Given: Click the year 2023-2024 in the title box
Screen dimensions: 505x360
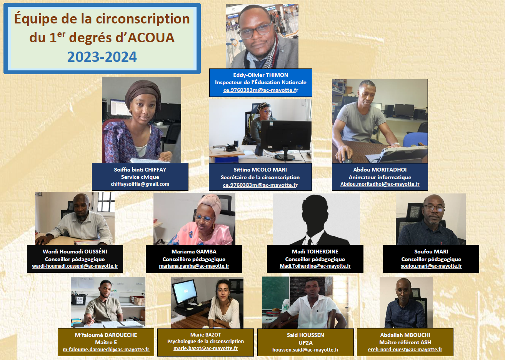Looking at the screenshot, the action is pos(102,57).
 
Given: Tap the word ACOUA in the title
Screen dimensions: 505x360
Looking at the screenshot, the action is pos(151,37).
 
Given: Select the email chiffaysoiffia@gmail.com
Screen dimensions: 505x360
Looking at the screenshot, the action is pos(140,184).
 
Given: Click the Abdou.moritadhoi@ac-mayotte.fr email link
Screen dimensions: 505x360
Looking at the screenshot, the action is pos(380,184).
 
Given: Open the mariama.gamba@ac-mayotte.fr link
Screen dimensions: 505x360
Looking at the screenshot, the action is pos(194,266).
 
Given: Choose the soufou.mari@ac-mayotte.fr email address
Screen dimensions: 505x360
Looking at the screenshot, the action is pos(431,266).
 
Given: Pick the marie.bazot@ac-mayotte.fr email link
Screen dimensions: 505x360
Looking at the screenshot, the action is pos(206,348).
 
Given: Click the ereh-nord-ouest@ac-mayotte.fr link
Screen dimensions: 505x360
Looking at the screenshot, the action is pos(405,349).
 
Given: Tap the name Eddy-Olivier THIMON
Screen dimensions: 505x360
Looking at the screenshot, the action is pos(261,75).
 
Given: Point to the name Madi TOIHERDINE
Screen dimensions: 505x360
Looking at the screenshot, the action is pos(315,252).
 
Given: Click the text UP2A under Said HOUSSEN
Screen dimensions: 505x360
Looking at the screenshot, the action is pos(305,343).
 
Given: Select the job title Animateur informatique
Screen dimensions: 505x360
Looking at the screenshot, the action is pos(380,177).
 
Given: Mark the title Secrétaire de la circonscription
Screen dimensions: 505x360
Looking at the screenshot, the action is pos(260,177).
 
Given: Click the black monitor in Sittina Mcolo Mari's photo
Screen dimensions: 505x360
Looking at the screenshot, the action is pos(286,136).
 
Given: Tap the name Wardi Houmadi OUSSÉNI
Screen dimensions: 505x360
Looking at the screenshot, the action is pos(75,252).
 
